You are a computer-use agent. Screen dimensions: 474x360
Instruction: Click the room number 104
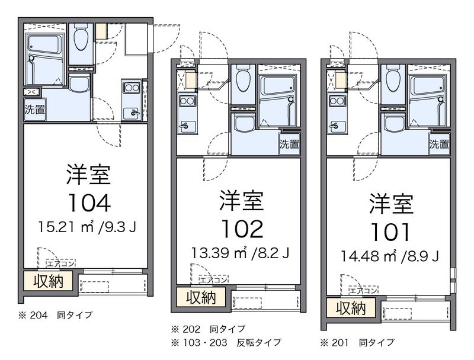pos(89,203)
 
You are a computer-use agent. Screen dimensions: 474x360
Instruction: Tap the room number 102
pos(242,229)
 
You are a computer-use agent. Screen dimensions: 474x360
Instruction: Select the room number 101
pos(390,232)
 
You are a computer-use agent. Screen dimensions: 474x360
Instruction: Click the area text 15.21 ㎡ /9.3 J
pos(87,227)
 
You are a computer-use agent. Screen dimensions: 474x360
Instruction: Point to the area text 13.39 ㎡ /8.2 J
pos(241,253)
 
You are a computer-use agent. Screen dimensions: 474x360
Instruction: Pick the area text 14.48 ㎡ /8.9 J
pos(390,256)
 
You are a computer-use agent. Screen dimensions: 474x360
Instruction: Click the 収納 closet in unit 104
pos(49,281)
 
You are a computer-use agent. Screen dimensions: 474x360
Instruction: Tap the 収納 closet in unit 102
pos(201,297)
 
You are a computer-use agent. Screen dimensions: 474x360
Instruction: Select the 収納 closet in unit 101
pos(351,308)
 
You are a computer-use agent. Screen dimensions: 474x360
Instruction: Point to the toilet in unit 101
pos(393,79)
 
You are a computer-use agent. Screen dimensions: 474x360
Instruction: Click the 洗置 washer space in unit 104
pos(35,110)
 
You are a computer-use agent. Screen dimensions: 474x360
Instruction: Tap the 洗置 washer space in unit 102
pos(289,144)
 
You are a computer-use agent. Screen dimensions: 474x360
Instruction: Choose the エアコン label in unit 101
pos(363,291)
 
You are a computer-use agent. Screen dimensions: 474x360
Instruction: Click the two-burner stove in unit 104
pos(132,88)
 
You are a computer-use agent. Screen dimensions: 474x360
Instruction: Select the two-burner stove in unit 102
pos(187,101)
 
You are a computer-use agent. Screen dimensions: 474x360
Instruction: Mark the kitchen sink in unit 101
pos(337,126)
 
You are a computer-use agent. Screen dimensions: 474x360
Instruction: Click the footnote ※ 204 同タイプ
pos(55,315)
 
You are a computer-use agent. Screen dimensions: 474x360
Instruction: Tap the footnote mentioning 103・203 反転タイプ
pos(226,342)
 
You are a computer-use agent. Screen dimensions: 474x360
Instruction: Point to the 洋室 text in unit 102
pos(242,200)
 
